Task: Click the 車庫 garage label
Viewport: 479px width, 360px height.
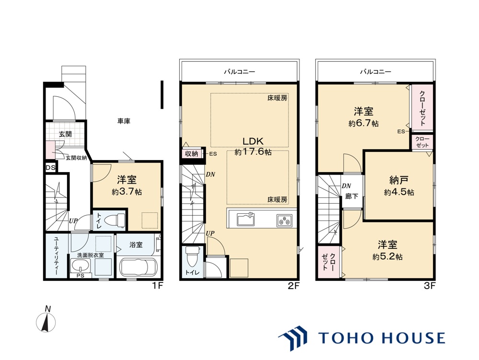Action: pos(124,121)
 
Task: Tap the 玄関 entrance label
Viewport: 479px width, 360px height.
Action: pos(65,134)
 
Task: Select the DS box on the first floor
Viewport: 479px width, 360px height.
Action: pos(51,167)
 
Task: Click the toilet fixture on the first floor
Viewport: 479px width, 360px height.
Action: pos(115,221)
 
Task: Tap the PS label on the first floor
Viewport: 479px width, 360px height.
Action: pos(80,275)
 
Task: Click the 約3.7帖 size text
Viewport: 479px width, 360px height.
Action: pos(127,192)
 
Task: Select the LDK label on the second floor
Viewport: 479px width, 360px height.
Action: pos(253,141)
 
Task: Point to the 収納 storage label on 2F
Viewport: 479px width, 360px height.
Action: pos(192,154)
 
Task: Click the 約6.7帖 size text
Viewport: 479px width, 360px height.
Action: pos(364,124)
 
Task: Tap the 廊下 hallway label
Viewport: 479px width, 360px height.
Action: pos(352,196)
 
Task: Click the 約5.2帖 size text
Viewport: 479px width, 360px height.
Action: pos(387,257)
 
